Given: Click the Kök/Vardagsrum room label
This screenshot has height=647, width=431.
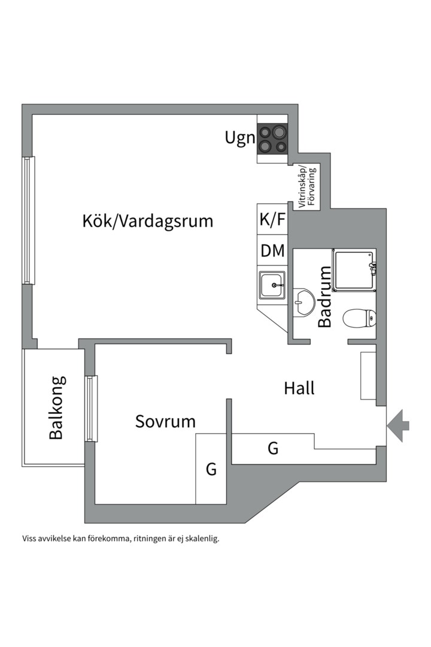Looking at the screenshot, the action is [x=148, y=221].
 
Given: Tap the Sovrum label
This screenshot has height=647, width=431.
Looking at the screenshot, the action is [x=165, y=422].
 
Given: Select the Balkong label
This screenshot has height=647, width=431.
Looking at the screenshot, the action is [x=57, y=408].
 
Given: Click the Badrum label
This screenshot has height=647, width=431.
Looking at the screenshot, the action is [x=325, y=297].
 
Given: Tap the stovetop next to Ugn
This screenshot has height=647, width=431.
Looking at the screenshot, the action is [x=272, y=139].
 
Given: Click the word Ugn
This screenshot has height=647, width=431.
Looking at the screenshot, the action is [x=239, y=138].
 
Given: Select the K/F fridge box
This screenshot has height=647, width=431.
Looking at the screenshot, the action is [x=272, y=219].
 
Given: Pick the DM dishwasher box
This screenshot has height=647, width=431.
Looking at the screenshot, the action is [x=272, y=250].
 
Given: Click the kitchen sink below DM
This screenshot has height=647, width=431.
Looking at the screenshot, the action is [x=272, y=285].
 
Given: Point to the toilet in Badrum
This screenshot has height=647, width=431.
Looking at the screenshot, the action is [x=359, y=318].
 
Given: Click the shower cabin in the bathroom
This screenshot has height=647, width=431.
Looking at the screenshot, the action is [x=355, y=270].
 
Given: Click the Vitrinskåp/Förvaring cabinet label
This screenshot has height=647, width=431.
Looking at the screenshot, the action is [x=308, y=186].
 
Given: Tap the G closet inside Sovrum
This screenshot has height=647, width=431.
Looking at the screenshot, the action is [x=211, y=468].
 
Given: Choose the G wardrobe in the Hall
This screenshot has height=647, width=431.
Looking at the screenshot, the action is [x=273, y=448].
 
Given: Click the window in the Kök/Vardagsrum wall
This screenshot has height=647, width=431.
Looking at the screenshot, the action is [x=28, y=220].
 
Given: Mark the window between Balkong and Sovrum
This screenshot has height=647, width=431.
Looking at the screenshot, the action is [x=91, y=409].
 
